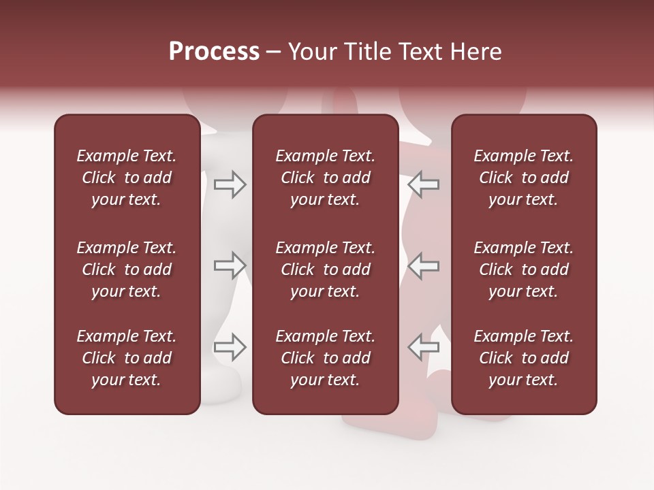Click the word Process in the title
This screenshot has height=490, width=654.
click(214, 52)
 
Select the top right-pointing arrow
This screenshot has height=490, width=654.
click(230, 184)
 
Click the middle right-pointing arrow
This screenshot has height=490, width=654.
click(230, 265)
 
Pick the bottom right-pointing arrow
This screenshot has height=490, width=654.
click(230, 347)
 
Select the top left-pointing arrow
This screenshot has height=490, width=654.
click(423, 184)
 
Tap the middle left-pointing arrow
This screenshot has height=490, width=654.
click(423, 265)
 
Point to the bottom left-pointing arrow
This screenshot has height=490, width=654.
click(423, 347)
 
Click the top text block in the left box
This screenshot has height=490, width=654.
click(127, 178)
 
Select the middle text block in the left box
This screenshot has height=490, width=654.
click(127, 269)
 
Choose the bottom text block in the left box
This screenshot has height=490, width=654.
click(127, 358)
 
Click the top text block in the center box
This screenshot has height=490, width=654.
click(326, 178)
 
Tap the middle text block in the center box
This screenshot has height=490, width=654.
click(326, 269)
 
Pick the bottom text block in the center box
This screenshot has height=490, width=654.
click(326, 358)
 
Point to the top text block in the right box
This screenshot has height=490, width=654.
click(524, 178)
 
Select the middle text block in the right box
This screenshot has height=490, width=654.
click(524, 269)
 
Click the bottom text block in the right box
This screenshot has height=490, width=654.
click(524, 358)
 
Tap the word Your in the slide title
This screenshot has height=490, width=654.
click(313, 52)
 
